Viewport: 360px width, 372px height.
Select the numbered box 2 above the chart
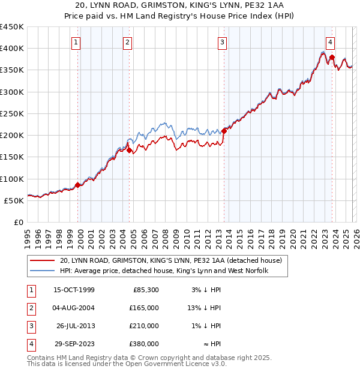128,42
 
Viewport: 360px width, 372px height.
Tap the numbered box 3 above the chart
223,42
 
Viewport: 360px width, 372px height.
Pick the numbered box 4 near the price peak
331,42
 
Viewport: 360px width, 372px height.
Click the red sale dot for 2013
224,130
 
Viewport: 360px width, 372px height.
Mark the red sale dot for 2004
130,150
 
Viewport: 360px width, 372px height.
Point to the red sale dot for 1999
78,185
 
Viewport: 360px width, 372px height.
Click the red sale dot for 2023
332,58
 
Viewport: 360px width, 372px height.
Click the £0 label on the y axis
19,222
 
